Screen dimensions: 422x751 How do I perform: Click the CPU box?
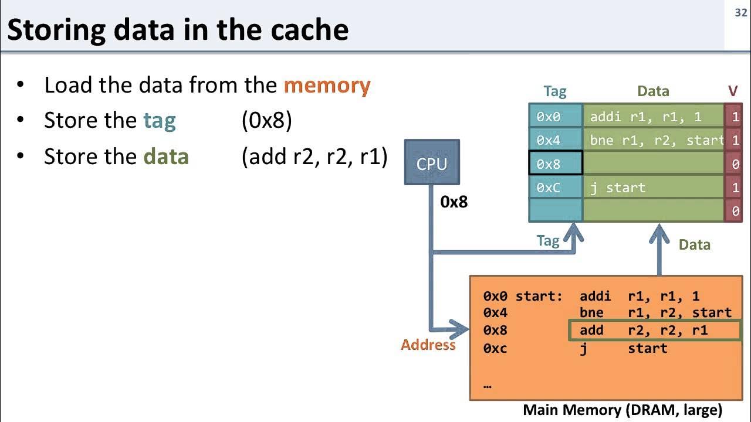point(432,162)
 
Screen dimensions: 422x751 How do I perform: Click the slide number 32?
point(740,13)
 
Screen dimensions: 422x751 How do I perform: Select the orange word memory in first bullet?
point(327,86)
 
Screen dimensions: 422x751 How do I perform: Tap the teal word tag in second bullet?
point(159,121)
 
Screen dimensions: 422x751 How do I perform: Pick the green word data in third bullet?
point(166,157)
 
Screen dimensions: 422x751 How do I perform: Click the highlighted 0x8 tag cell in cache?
point(555,164)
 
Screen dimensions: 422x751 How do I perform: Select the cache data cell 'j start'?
point(617,188)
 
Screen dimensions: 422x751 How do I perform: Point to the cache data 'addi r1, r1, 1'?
point(645,117)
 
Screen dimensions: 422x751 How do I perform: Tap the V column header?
point(732,91)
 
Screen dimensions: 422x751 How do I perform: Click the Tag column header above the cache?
point(554,91)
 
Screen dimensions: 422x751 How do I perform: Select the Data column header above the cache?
point(653,91)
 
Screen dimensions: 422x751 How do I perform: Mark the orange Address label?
point(428,345)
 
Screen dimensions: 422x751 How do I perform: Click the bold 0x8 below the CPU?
point(454,202)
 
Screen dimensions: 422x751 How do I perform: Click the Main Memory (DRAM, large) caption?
point(623,410)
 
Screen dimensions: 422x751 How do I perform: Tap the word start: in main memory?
point(539,296)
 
